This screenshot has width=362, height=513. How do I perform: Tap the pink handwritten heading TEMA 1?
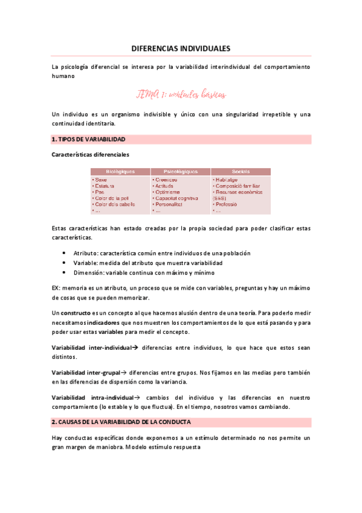click(x=181, y=94)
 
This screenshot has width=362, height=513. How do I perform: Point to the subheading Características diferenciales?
click(x=89, y=155)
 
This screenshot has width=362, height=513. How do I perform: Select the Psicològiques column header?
click(x=179, y=172)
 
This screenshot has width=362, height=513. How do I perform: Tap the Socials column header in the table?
click(x=240, y=172)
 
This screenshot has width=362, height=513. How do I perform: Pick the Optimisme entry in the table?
click(x=169, y=192)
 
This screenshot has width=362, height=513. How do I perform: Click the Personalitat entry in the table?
click(x=171, y=204)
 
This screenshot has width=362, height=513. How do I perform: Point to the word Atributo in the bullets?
click(x=85, y=253)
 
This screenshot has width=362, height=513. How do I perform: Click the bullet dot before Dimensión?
click(x=65, y=273)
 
